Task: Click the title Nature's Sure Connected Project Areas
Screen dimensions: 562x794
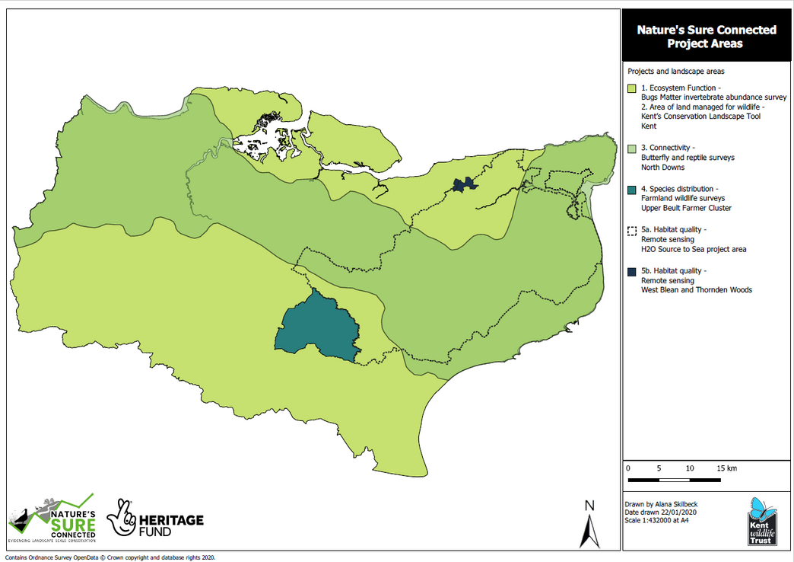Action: coord(707,37)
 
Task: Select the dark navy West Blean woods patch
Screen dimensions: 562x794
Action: coord(462,184)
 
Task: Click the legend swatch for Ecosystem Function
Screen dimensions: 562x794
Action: coord(631,89)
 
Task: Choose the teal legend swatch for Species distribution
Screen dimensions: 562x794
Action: coord(631,189)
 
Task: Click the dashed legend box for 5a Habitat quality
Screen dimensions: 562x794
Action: coord(631,230)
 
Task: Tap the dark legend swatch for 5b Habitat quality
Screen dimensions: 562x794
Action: coord(631,271)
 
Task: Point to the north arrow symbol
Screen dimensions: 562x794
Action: coord(589,531)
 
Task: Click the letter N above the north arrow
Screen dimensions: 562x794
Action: coord(589,506)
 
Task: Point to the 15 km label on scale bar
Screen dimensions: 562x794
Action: coord(726,468)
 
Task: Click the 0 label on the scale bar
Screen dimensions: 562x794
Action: coord(627,468)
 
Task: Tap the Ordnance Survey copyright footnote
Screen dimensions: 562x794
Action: coord(110,557)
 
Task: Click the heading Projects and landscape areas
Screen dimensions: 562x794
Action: coord(675,71)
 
